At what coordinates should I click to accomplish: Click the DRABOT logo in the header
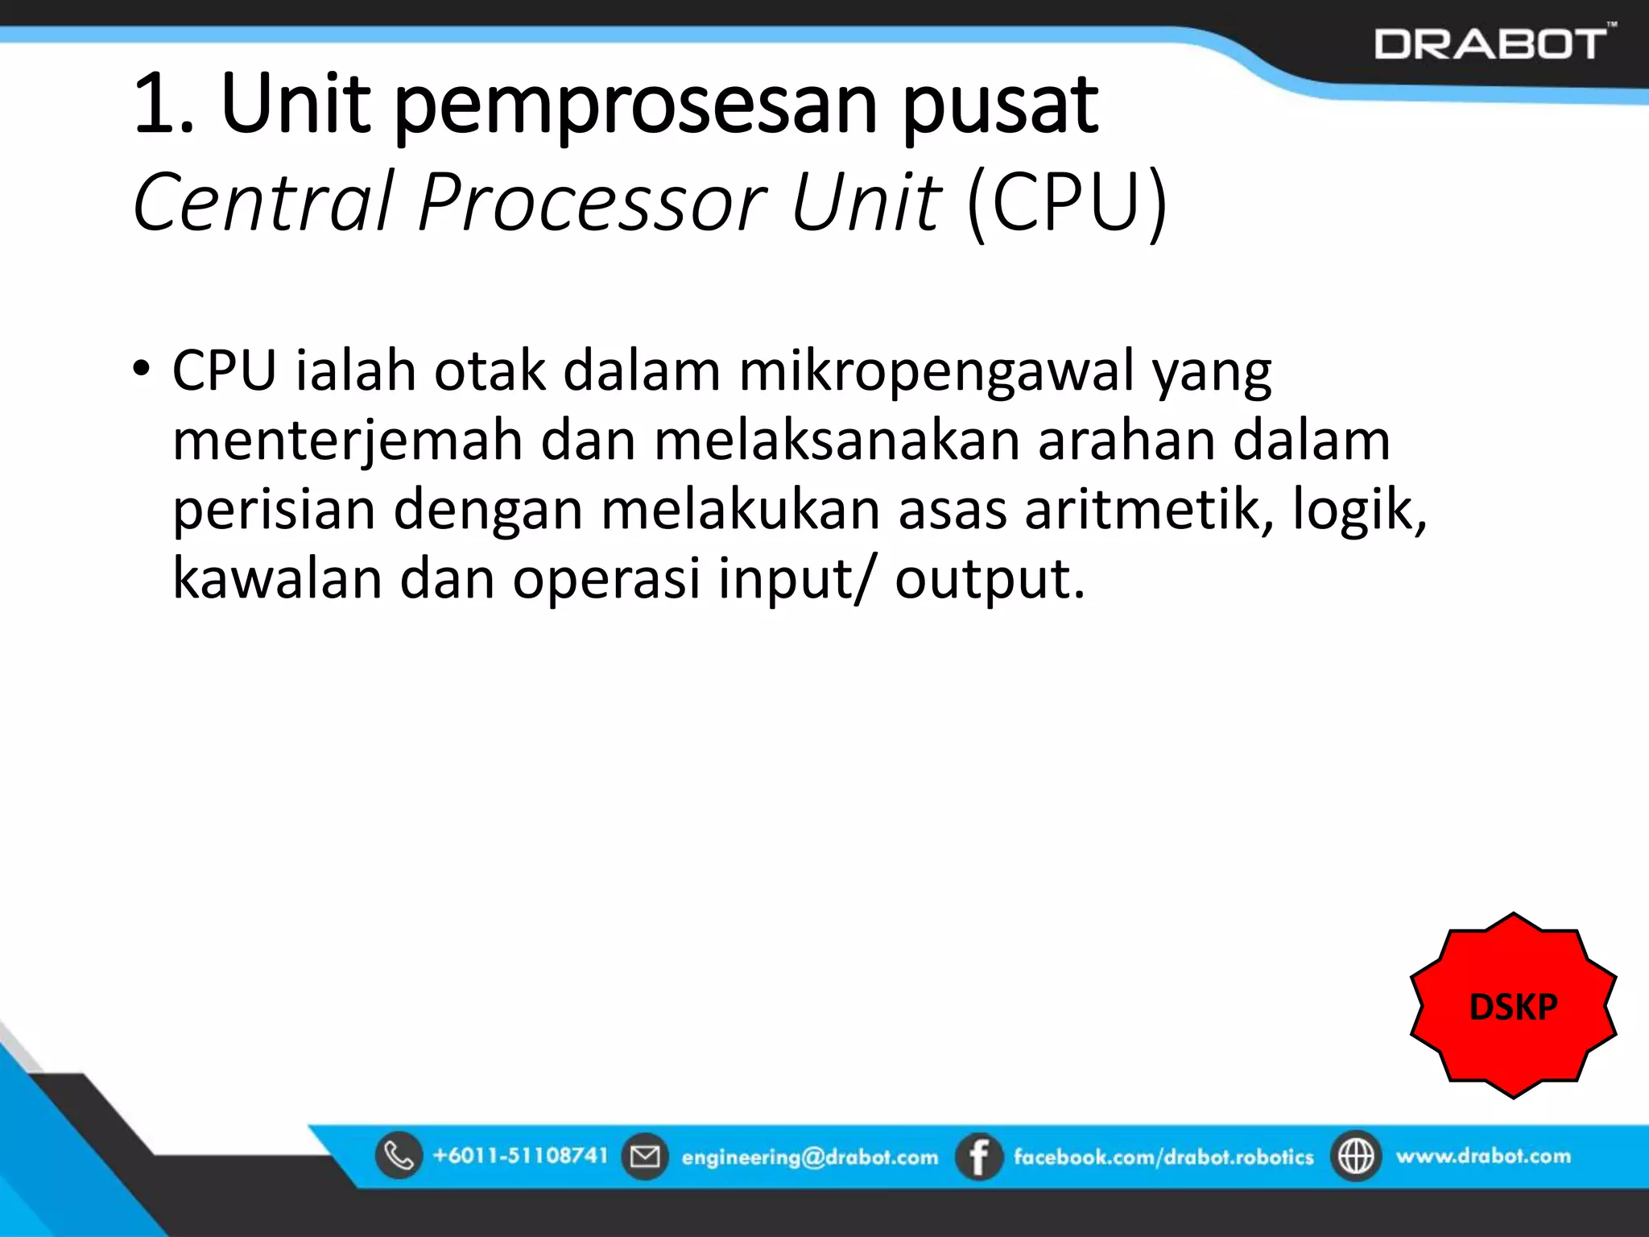(1491, 43)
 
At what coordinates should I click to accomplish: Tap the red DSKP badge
(1513, 1006)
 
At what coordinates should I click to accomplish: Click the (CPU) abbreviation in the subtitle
(1067, 203)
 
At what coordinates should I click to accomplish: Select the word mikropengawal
(936, 371)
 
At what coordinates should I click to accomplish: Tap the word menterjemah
(347, 441)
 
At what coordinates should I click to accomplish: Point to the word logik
(1358, 511)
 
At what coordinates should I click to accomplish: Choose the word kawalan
(277, 579)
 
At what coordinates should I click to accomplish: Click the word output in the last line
(989, 579)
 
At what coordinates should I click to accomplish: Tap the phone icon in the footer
(399, 1156)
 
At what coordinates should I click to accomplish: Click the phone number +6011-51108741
(520, 1156)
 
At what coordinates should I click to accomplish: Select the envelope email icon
(644, 1156)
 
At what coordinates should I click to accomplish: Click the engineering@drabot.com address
(809, 1157)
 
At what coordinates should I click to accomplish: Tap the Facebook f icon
(978, 1156)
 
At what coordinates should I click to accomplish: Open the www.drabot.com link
(1483, 1156)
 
